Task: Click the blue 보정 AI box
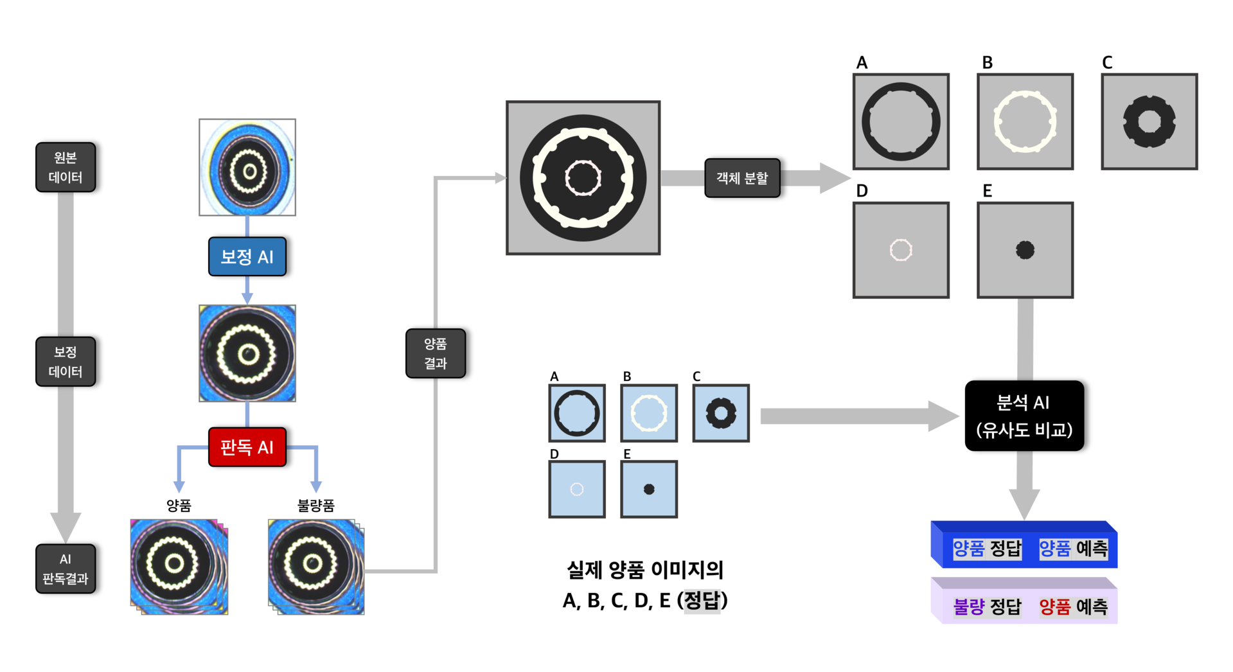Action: point(247,256)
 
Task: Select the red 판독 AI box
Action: point(247,447)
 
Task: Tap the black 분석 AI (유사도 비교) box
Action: point(1024,416)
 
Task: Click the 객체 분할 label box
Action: point(742,178)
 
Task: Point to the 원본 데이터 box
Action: point(66,167)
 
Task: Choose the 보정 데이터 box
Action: point(66,361)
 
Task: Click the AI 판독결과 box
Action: point(66,569)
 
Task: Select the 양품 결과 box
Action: point(435,353)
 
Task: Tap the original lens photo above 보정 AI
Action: point(247,167)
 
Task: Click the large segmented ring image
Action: point(583,178)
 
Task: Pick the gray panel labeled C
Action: point(1149,121)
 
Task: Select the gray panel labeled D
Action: point(901,250)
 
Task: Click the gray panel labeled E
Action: point(1025,250)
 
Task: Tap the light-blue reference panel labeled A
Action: point(576,413)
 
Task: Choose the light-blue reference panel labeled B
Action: point(648,413)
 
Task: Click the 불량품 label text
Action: point(315,506)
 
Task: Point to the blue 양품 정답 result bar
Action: point(1024,547)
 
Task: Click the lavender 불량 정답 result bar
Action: point(1024,604)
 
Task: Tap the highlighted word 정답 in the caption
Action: point(702,601)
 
